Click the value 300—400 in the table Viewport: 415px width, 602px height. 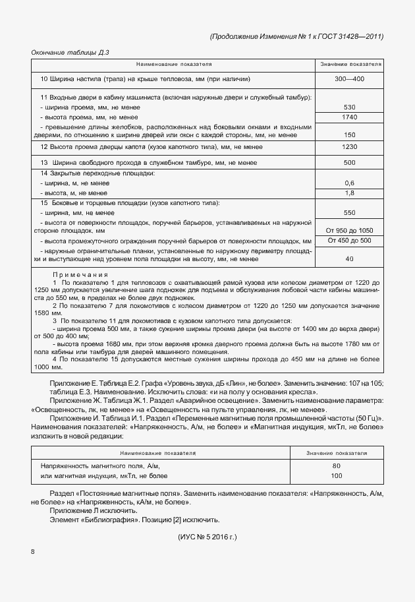[349, 79]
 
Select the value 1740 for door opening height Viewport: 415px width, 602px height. [349, 117]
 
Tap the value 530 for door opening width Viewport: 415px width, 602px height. [349, 107]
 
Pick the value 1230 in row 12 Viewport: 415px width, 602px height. [349, 147]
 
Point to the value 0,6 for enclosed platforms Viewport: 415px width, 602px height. [349, 183]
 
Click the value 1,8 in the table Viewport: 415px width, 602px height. [349, 193]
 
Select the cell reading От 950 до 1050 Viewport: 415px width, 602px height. [349, 230]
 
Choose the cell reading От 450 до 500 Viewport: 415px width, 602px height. [349, 241]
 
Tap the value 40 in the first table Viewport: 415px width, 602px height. [349, 259]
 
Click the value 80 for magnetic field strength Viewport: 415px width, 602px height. [337, 466]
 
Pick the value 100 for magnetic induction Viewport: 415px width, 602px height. [337, 475]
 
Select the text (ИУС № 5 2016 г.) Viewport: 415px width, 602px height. [207, 537]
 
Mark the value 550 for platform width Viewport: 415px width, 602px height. [349, 213]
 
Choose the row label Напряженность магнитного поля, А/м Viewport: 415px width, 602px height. [100, 466]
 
